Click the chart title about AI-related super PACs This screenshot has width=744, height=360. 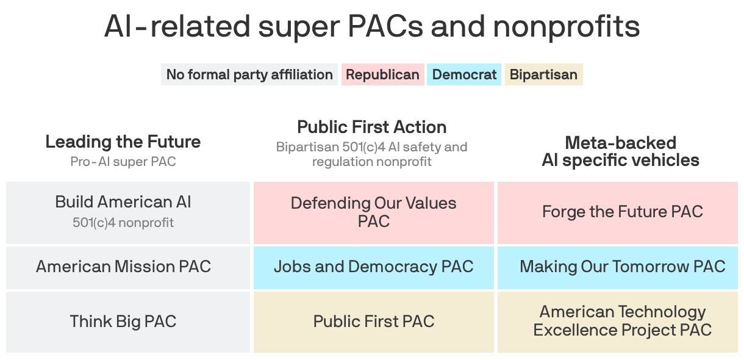(372, 27)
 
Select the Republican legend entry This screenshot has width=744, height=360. (382, 74)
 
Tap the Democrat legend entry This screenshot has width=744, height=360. (464, 74)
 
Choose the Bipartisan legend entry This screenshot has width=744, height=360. (543, 74)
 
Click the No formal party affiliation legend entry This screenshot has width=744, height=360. (249, 74)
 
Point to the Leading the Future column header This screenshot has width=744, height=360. (123, 142)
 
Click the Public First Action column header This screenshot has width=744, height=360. (372, 127)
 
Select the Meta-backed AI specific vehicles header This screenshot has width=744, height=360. (620, 151)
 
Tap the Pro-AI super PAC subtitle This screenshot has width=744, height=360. (123, 162)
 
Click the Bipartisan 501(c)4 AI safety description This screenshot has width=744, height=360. (372, 154)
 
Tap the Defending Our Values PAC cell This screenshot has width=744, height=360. (373, 212)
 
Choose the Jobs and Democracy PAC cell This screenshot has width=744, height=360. (373, 267)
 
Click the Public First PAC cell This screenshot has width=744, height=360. (373, 322)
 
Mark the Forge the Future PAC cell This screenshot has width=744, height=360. (622, 212)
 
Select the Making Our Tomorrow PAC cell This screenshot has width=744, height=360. (622, 267)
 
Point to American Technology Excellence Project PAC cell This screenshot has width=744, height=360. (622, 321)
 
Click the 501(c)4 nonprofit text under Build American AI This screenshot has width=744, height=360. (123, 223)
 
